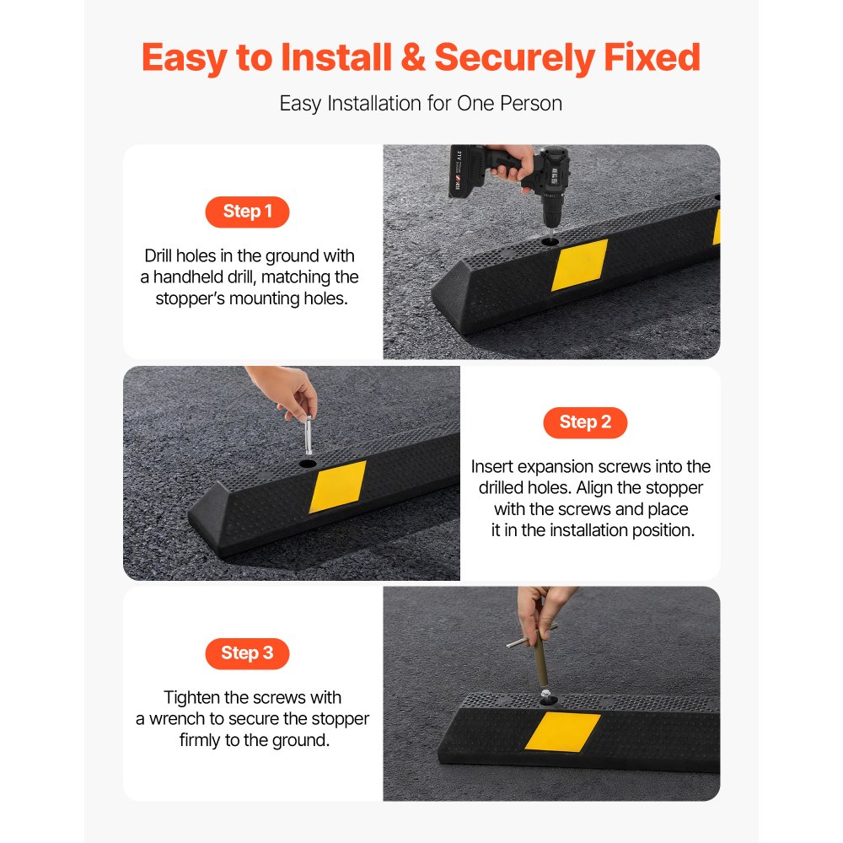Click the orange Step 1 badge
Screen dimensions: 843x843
247,212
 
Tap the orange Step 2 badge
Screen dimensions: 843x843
585,422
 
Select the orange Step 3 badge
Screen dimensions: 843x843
247,652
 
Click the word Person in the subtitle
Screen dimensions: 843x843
534,104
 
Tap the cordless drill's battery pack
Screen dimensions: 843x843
470,173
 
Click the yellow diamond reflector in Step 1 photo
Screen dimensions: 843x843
579,265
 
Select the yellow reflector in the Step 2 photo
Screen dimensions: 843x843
337,486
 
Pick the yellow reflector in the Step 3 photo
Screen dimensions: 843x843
562,730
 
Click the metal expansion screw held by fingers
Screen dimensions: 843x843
308,432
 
